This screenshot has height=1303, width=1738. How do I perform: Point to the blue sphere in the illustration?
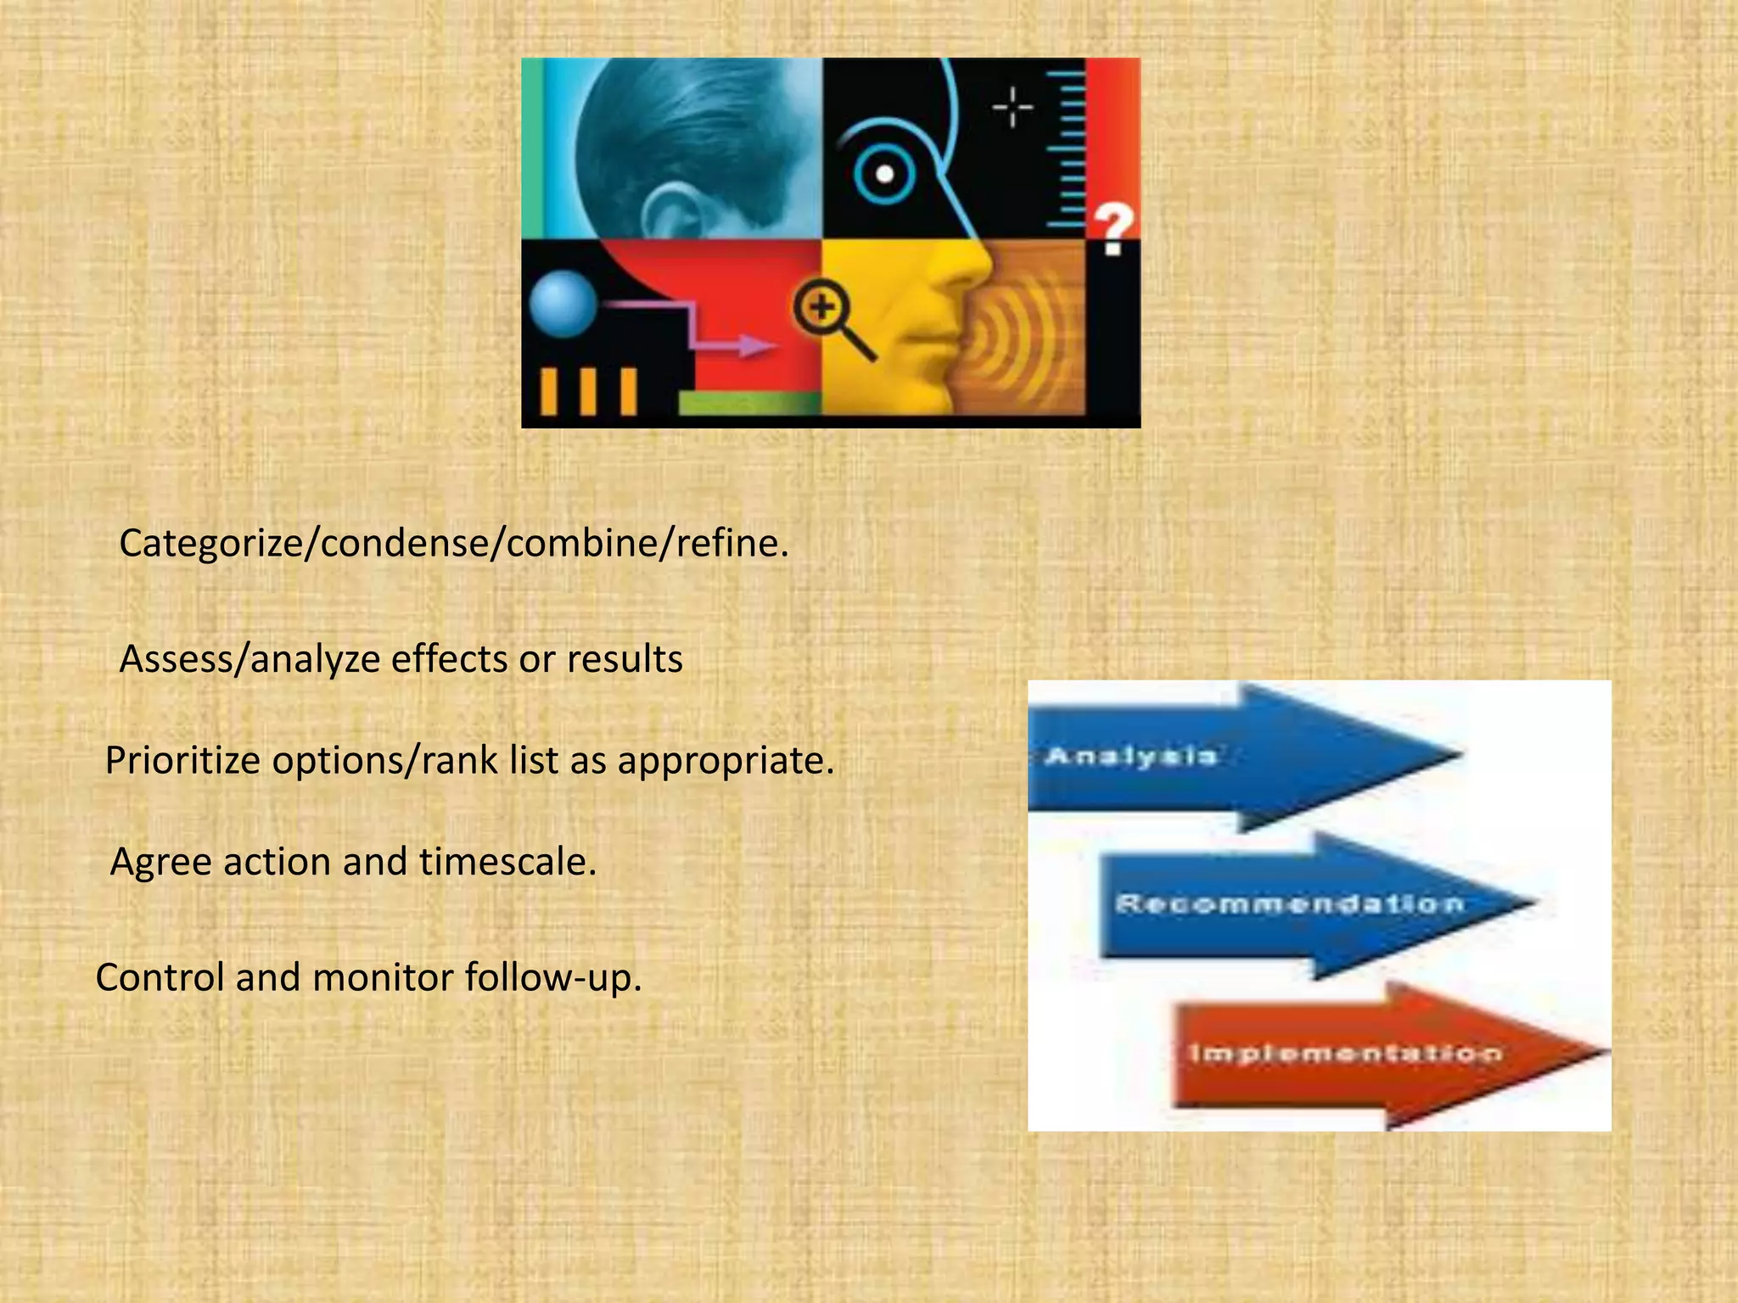click(563, 303)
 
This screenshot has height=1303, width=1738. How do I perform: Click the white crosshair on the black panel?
click(1012, 108)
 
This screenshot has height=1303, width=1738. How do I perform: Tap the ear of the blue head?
click(675, 212)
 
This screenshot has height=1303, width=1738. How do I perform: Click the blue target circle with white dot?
click(884, 174)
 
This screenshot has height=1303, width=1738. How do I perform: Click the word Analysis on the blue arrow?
click(1131, 755)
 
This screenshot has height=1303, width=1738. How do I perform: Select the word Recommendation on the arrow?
click(1290, 903)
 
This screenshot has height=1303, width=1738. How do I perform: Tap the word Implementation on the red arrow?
click(1345, 1054)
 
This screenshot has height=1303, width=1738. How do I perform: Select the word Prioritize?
click(182, 760)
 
